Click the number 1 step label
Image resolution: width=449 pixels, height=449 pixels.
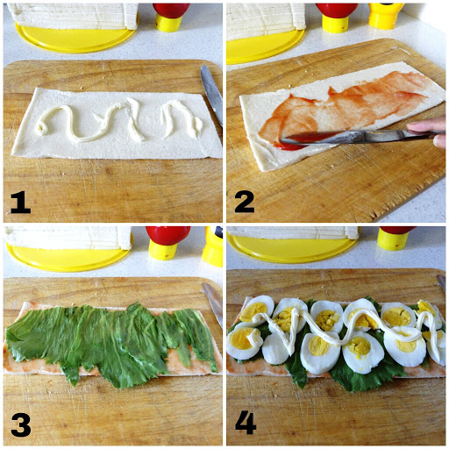[x=19, y=203]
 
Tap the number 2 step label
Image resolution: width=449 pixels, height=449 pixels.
[x=244, y=203]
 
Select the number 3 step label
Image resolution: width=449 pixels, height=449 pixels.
[x=19, y=426]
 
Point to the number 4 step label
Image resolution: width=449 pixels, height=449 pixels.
[x=246, y=423]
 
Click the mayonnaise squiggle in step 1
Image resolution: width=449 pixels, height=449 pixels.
[x=132, y=121]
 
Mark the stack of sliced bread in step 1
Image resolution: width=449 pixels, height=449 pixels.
[x=75, y=14]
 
